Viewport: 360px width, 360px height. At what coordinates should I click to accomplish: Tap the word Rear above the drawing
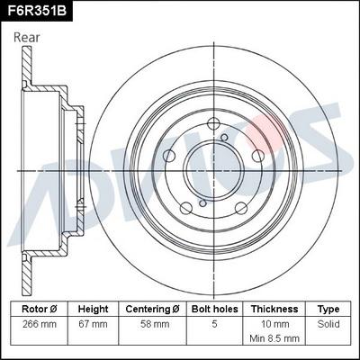[27, 37]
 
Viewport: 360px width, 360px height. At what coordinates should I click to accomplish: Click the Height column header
[93, 309]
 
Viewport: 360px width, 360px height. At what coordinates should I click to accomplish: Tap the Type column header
[328, 309]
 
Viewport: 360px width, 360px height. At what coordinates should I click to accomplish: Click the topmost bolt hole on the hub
[214, 126]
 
